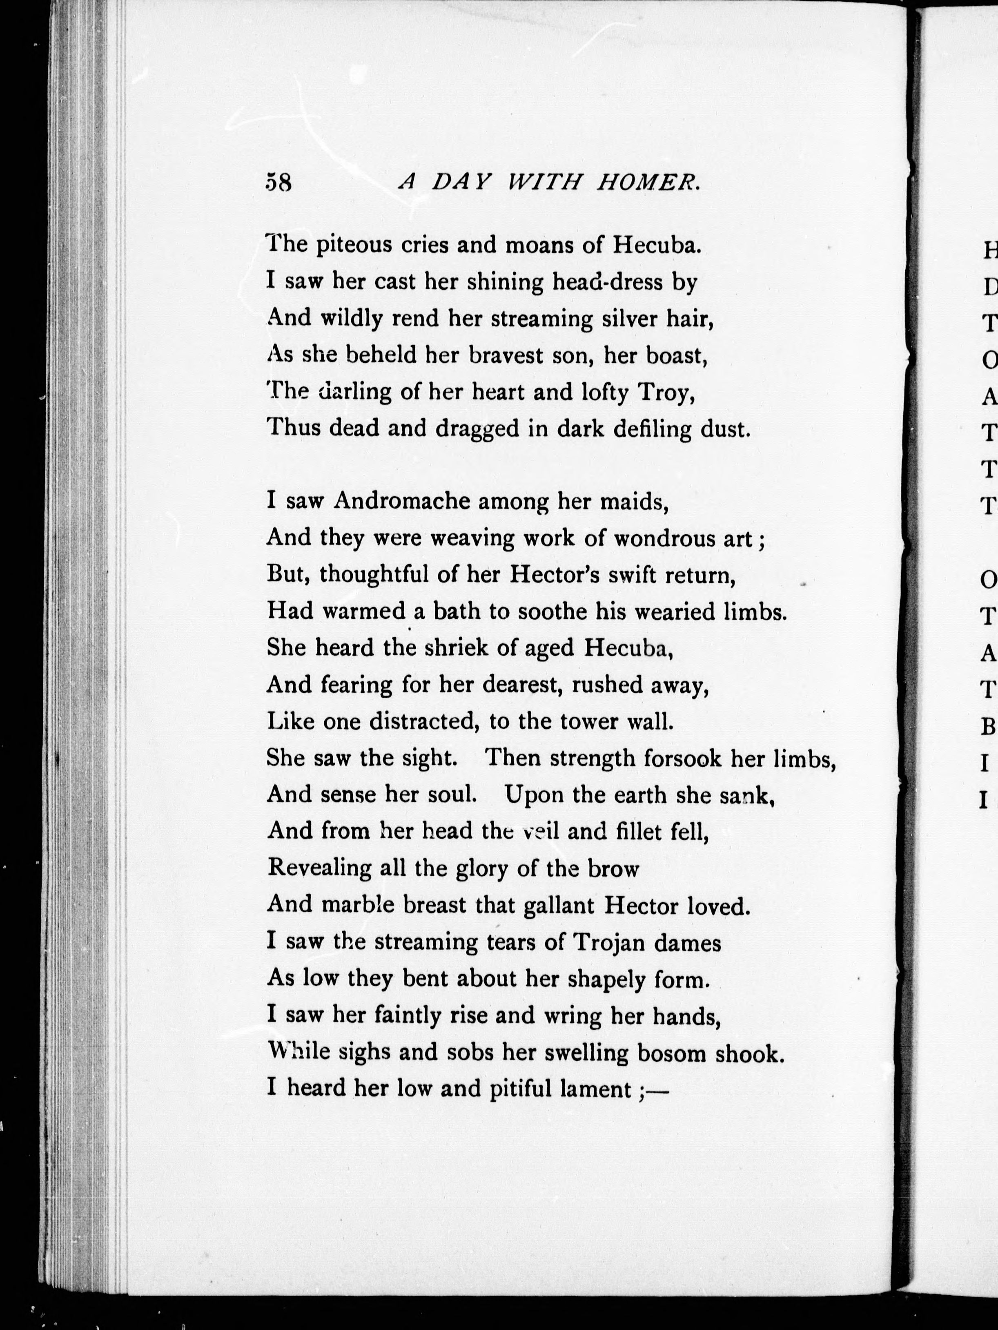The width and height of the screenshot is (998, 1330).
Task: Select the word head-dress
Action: click(x=607, y=281)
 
